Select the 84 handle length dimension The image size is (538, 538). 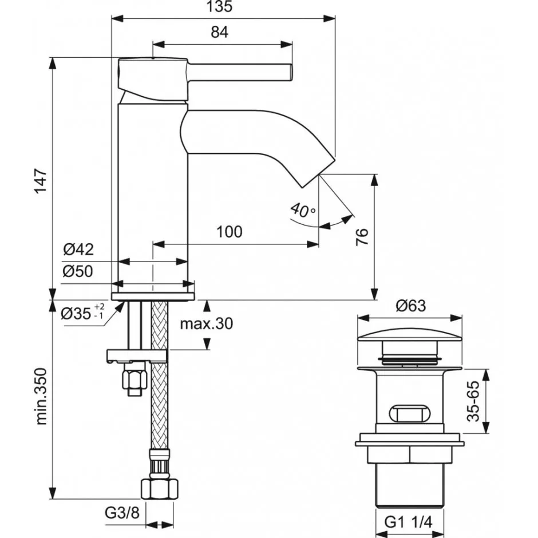point(219,33)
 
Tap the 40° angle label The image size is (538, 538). point(302,210)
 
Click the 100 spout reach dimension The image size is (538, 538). point(229,232)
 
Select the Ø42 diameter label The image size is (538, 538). point(78,250)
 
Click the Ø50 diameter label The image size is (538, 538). point(78,271)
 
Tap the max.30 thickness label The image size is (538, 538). point(207,324)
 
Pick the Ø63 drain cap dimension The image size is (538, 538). point(410,306)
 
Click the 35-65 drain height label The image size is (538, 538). point(473,401)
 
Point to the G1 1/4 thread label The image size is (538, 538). point(409,521)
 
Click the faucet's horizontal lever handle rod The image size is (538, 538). point(240,73)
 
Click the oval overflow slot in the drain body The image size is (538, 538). point(408,413)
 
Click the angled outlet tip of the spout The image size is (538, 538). point(317,172)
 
